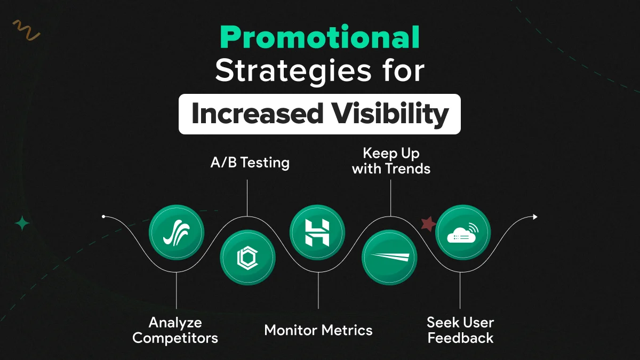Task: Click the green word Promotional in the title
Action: [319, 38]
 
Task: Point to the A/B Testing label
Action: [250, 163]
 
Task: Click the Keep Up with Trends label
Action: [391, 161]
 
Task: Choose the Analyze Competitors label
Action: [175, 330]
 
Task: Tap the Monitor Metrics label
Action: [318, 330]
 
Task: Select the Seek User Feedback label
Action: [460, 330]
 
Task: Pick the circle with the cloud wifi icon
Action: [462, 233]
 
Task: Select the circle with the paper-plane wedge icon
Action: [389, 258]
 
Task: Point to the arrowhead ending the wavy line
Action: [535, 217]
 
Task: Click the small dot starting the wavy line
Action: [103, 217]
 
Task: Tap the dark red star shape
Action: [428, 224]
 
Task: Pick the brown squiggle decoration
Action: [26, 30]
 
